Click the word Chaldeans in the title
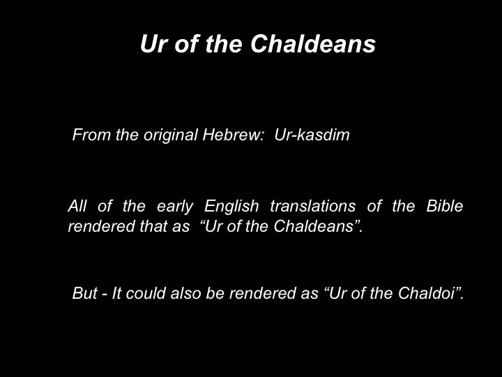pyautogui.click(x=313, y=43)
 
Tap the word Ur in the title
pyautogui.click(x=154, y=43)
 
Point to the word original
pyautogui.click(x=171, y=135)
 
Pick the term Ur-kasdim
pyautogui.click(x=312, y=135)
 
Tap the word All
pyautogui.click(x=77, y=206)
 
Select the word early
pyautogui.click(x=175, y=207)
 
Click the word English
pyautogui.click(x=231, y=207)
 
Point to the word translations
pyautogui.click(x=313, y=206)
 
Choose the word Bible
pyautogui.click(x=445, y=206)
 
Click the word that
pyautogui.click(x=153, y=226)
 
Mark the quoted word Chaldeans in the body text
pyautogui.click(x=314, y=226)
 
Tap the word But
pyautogui.click(x=84, y=293)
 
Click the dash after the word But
pyautogui.click(x=105, y=295)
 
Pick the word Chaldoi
pyautogui.click(x=427, y=293)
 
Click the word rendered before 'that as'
pyautogui.click(x=102, y=226)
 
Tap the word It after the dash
pyautogui.click(x=116, y=293)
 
